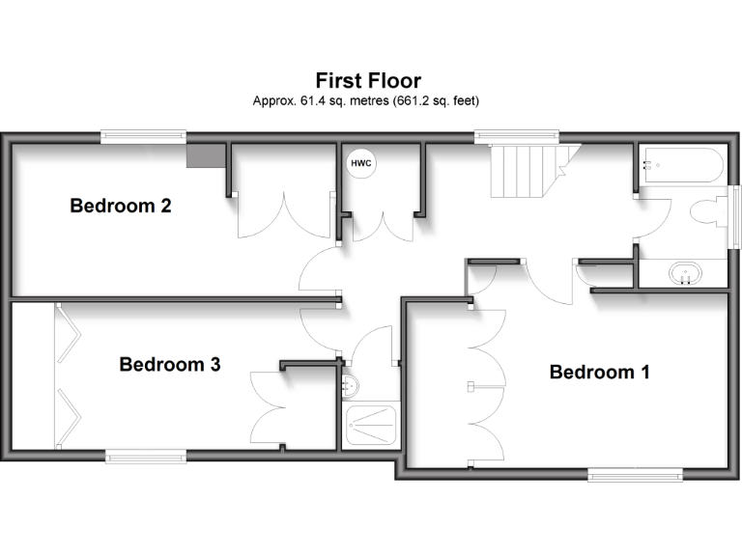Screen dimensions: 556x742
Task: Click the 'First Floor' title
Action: click(x=368, y=80)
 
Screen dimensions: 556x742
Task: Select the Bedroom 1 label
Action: click(x=599, y=372)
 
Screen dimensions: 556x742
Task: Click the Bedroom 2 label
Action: click(x=121, y=206)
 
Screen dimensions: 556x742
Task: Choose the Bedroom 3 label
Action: click(x=170, y=364)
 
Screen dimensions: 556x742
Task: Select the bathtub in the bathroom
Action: click(x=681, y=165)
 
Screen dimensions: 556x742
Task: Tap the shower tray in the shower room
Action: click(x=370, y=426)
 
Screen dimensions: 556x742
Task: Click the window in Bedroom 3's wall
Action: click(x=145, y=456)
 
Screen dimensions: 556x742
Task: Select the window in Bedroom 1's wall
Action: click(x=636, y=474)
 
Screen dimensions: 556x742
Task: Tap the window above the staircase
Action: click(x=516, y=138)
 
